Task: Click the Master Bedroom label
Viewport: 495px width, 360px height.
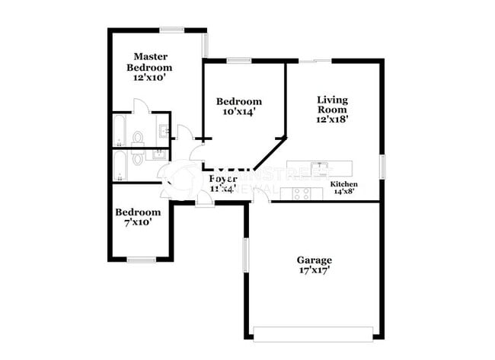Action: pyautogui.click(x=151, y=66)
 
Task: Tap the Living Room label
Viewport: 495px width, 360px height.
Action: pyautogui.click(x=332, y=109)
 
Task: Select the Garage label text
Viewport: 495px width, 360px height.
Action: pyautogui.click(x=314, y=265)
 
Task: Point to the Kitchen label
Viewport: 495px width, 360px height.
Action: pyautogui.click(x=344, y=188)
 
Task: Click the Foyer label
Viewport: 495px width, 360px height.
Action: pyautogui.click(x=222, y=182)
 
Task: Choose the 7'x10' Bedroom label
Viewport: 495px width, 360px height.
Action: pyautogui.click(x=138, y=217)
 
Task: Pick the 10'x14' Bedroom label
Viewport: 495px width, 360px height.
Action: pyautogui.click(x=238, y=106)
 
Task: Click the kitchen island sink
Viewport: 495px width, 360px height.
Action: pyautogui.click(x=322, y=167)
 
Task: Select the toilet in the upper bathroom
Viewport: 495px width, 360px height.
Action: pyautogui.click(x=138, y=138)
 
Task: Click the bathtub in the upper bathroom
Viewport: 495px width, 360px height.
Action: pyautogui.click(x=120, y=129)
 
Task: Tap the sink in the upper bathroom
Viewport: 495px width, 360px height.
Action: pyautogui.click(x=162, y=130)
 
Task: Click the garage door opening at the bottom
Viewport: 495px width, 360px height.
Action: pyautogui.click(x=313, y=333)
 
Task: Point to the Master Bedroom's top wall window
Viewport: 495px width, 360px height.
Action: pyautogui.click(x=171, y=30)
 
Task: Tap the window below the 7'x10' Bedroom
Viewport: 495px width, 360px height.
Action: pyautogui.click(x=142, y=260)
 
